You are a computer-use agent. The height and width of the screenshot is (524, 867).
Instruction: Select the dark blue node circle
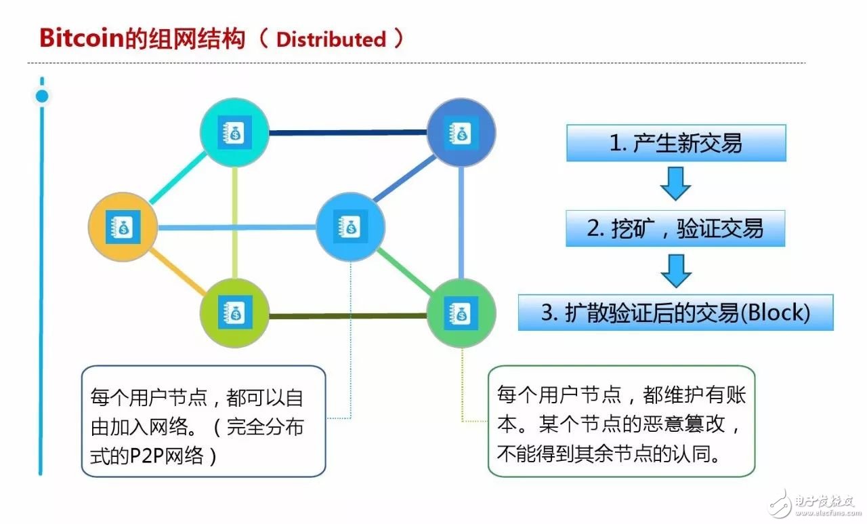point(461,133)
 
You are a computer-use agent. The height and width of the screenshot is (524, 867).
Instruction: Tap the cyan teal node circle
point(234,133)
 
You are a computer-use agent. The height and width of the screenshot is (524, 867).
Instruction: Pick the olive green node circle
point(234,313)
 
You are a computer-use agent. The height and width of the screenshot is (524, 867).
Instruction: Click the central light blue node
point(350,227)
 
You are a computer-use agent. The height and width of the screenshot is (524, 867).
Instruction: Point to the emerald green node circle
point(461,313)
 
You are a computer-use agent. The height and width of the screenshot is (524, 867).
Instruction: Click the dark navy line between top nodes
point(347,133)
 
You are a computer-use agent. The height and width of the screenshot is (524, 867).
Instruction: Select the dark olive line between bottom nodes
point(347,316)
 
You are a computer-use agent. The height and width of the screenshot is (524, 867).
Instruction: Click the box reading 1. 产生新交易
point(676,143)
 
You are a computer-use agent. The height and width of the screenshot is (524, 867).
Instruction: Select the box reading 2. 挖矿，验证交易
point(675,228)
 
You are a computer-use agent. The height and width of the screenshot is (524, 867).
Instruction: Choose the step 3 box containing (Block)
point(675,313)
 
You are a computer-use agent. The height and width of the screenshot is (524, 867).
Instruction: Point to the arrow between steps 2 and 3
point(675,270)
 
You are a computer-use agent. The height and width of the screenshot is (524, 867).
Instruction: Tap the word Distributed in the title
point(331,39)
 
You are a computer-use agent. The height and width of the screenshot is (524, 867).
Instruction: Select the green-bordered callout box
point(621,420)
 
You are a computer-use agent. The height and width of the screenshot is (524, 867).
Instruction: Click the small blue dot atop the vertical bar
point(42,96)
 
